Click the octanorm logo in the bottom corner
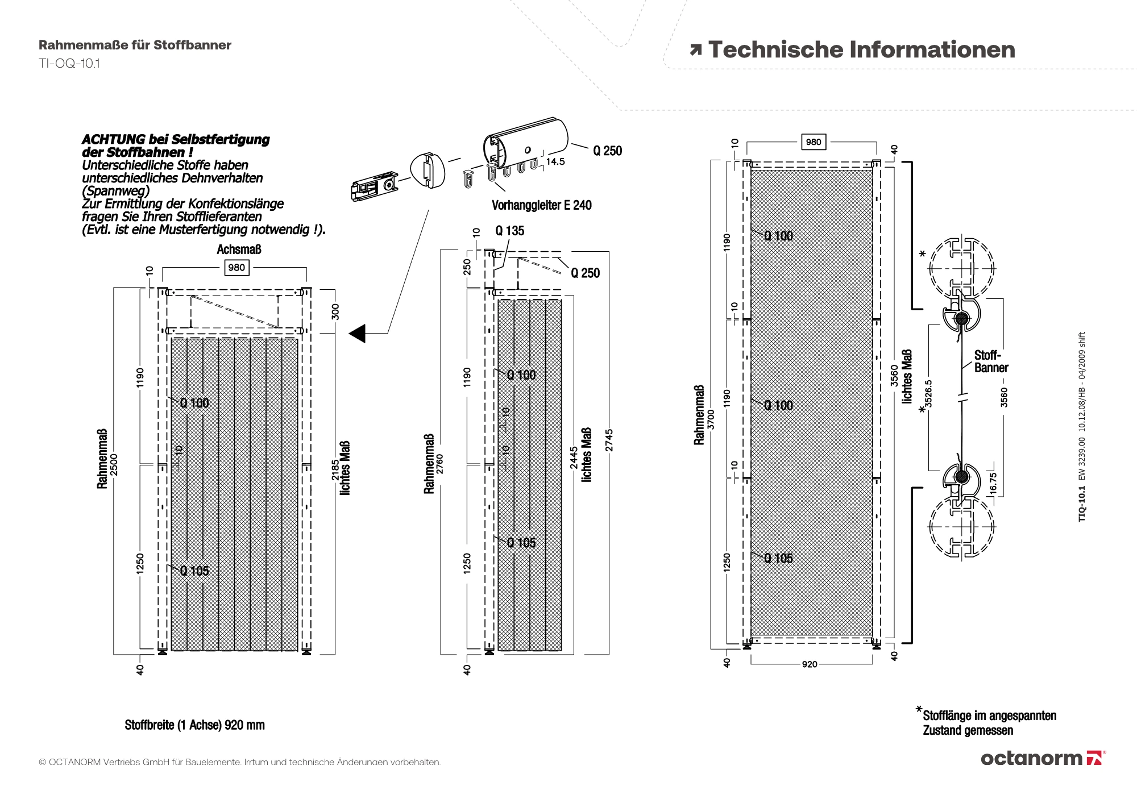(x=1043, y=758)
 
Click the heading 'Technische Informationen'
(x=861, y=50)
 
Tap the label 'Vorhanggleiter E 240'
(x=541, y=205)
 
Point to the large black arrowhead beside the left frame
(x=358, y=334)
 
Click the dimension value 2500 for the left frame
(x=114, y=466)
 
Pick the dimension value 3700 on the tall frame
(x=711, y=419)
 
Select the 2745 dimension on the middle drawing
(x=609, y=440)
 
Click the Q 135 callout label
(x=509, y=231)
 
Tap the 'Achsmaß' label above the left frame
(x=239, y=249)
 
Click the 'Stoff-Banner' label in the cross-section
(x=990, y=361)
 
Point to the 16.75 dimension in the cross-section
(x=993, y=483)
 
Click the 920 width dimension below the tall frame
(x=810, y=664)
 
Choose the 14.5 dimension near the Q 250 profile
(x=555, y=162)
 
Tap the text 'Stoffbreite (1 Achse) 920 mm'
(x=195, y=725)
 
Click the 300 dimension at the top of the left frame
(x=335, y=311)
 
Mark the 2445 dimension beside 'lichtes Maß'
(x=574, y=458)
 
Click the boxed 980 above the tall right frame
(x=814, y=142)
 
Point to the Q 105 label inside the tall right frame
(x=778, y=558)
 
